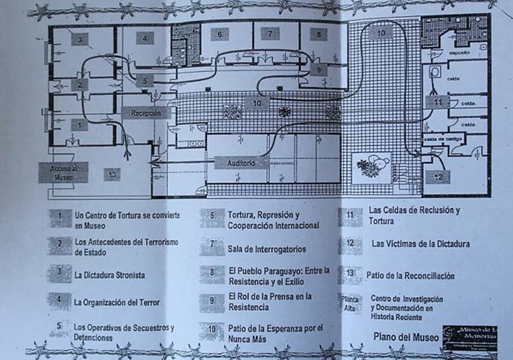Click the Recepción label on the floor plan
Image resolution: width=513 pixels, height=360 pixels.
(145, 113)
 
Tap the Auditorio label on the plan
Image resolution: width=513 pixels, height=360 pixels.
(241, 164)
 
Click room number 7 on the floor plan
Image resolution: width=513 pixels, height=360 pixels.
(271, 33)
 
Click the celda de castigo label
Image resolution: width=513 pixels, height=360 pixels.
(443, 138)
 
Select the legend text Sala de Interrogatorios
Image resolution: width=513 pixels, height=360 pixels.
(266, 249)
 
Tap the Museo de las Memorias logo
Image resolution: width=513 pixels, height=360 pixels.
(470, 336)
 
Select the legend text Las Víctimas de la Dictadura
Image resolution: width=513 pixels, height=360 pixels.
(420, 244)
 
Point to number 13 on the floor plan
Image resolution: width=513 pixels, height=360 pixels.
(111, 174)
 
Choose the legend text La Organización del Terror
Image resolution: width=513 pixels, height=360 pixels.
(118, 302)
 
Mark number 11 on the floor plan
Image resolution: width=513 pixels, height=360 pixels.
(438, 102)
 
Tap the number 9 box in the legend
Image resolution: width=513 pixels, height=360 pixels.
(212, 301)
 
